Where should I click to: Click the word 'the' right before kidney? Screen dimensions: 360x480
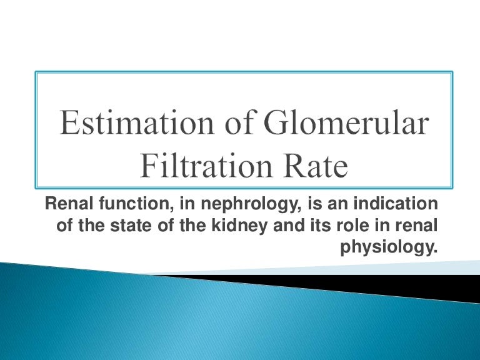[199, 226]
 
